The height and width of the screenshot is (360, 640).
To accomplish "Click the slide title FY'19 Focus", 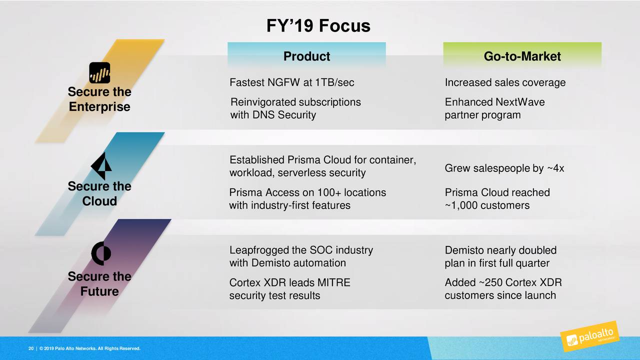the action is tap(318, 25).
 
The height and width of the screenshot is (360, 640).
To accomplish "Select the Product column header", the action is tap(306, 56).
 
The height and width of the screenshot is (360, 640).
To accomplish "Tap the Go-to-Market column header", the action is tap(522, 56).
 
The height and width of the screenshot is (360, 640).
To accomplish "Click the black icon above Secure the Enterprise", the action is tap(99, 73).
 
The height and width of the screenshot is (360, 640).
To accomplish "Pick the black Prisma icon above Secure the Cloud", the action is tap(101, 165).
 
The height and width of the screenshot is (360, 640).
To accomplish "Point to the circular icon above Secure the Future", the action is tap(101, 253).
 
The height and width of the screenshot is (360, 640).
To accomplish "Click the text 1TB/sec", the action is tap(334, 82).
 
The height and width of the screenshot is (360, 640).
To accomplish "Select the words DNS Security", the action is tap(284, 115).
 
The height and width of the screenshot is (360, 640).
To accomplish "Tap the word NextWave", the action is tap(520, 102).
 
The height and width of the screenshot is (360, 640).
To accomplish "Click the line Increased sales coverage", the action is tap(505, 82).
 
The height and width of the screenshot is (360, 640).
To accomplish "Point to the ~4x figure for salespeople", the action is tap(555, 168).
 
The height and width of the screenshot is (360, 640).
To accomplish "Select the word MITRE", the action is tap(333, 282).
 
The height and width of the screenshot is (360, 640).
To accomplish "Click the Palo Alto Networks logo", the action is tap(589, 336).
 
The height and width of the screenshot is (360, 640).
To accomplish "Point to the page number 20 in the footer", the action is tap(31, 348).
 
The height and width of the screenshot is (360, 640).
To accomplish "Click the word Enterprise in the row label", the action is tap(99, 107).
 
